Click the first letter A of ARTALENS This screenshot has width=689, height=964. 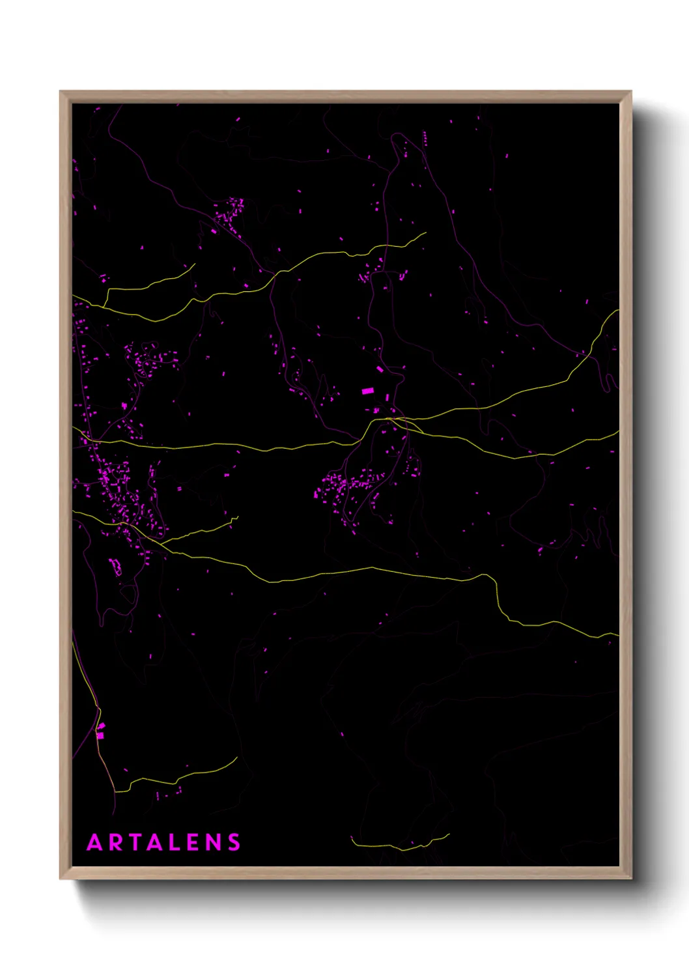click(95, 842)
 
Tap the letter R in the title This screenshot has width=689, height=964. click(116, 842)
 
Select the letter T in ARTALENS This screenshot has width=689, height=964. click(135, 842)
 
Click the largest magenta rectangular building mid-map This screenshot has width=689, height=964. click(367, 391)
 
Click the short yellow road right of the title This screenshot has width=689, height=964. click(401, 845)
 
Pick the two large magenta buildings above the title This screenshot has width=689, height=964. click(100, 731)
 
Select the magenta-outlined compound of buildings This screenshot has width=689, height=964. click(115, 566)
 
